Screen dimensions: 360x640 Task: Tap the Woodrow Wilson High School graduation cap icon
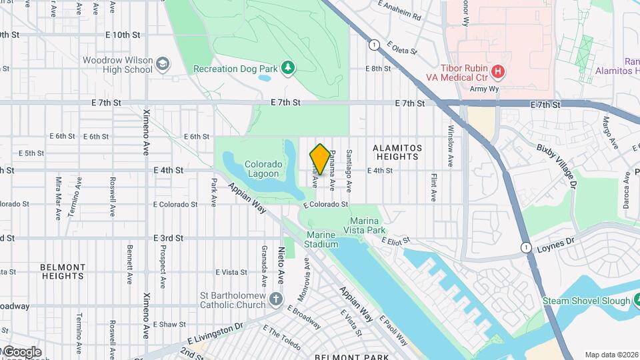(163, 65)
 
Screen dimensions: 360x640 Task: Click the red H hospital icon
(497, 71)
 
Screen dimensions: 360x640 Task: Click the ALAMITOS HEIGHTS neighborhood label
(397, 152)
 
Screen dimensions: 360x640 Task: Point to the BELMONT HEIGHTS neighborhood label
(62, 271)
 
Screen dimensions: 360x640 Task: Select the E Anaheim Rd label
(399, 11)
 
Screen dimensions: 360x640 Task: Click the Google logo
(21, 351)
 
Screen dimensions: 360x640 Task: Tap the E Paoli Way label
(394, 330)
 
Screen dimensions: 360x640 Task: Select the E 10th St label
(122, 34)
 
